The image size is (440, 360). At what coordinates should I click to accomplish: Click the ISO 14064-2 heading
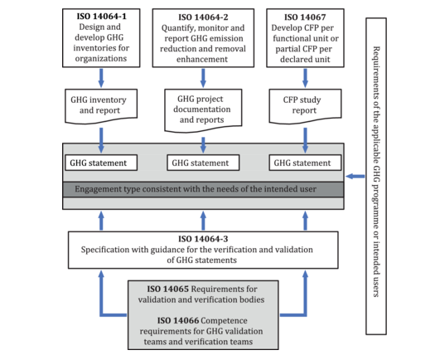coord(204,15)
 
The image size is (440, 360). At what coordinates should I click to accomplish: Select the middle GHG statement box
coord(204,163)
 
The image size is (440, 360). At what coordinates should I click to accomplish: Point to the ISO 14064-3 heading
coord(204,238)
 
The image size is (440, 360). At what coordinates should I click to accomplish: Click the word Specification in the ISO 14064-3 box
coord(110,249)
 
